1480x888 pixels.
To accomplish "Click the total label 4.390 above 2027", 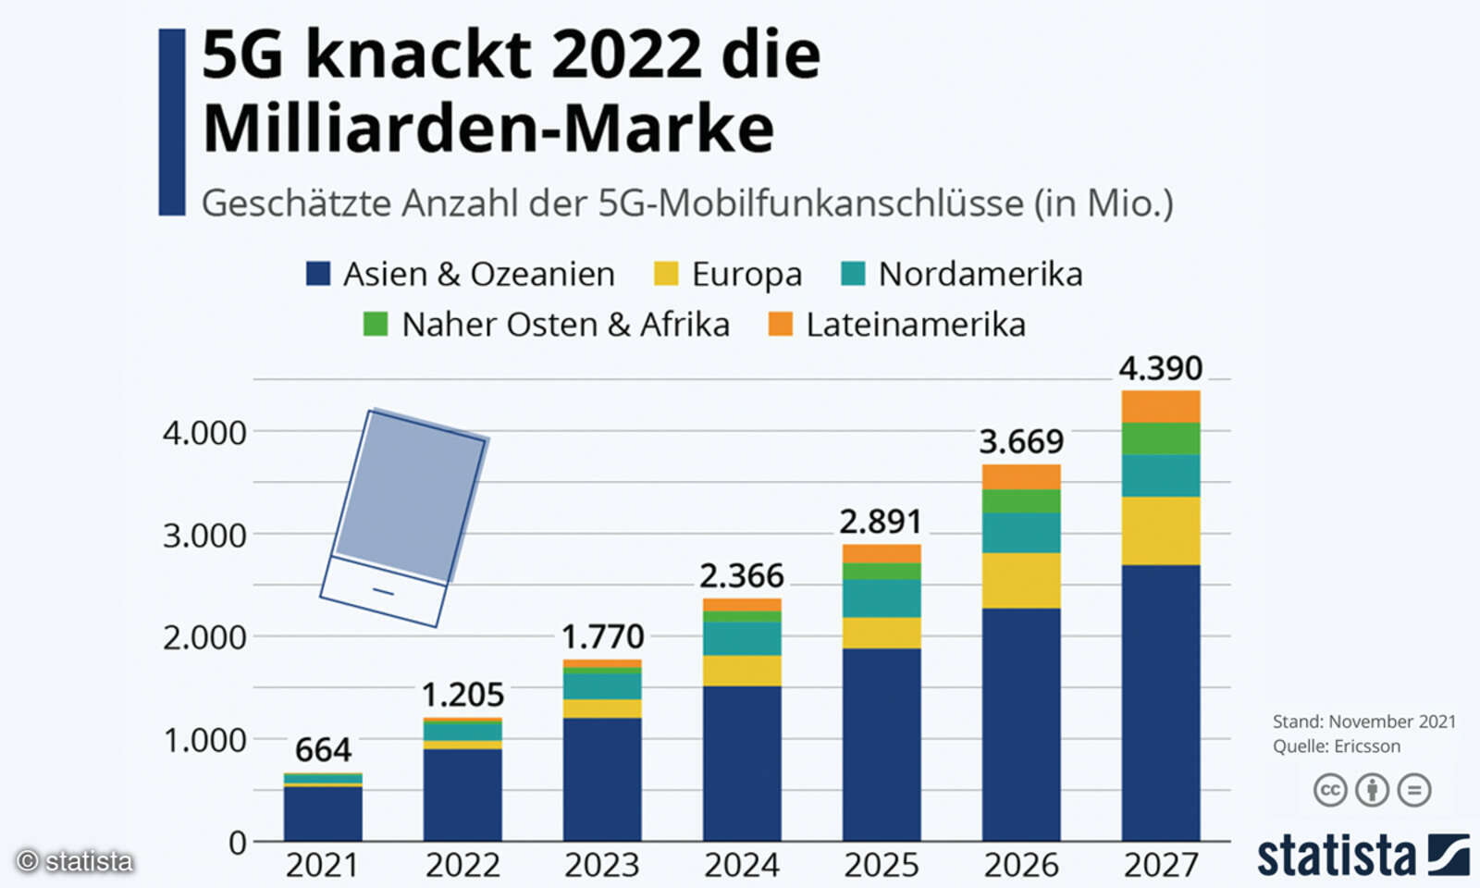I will click(1160, 369).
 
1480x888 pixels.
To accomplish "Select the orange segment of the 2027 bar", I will click(1160, 407).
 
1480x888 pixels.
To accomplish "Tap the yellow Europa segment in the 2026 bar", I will click(1021, 580).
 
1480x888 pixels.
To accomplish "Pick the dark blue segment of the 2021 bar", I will click(323, 813).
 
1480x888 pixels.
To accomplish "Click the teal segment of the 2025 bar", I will click(882, 598).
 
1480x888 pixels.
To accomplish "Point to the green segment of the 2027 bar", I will click(1160, 438).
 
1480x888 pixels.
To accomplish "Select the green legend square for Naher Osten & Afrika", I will click(376, 324).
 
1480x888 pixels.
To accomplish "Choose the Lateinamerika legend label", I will click(915, 325).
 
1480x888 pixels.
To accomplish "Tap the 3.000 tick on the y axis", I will click(204, 536).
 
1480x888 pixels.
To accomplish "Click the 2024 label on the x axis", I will click(742, 865).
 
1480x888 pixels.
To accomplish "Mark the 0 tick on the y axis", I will click(238, 843).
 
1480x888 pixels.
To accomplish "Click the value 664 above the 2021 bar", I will click(323, 749).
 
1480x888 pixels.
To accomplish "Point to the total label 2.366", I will click(742, 576).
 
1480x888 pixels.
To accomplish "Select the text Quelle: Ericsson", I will click(1336, 746).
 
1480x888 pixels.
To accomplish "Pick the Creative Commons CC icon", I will click(1330, 790).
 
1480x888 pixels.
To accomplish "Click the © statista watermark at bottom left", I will click(76, 861).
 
